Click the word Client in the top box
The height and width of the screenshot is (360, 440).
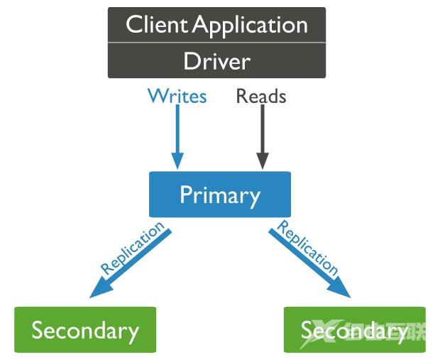tap(157, 25)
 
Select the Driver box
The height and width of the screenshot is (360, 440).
tap(216, 61)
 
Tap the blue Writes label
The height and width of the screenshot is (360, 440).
tap(177, 96)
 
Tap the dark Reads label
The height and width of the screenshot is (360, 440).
tap(260, 96)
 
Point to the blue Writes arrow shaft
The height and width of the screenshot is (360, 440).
tap(177, 131)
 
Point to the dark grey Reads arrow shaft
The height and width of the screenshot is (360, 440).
tap(262, 131)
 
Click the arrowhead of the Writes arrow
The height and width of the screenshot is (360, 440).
tap(177, 162)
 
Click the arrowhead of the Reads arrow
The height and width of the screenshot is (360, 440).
tap(262, 162)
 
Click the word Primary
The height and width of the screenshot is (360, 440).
tap(219, 195)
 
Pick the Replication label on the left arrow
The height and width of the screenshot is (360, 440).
tap(132, 249)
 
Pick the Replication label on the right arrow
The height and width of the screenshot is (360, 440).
tap(307, 247)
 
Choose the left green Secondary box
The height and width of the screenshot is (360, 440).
tap(84, 329)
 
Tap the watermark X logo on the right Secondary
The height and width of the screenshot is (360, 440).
tap(317, 332)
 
